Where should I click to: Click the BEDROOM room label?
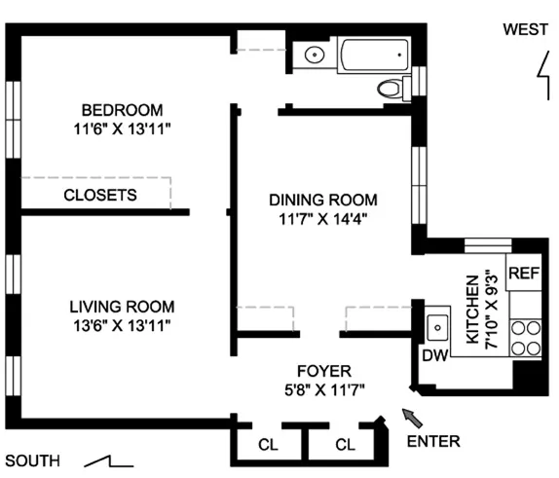122,110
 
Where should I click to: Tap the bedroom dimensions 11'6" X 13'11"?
122,128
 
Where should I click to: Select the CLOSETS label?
100,195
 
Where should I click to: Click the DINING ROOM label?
322,200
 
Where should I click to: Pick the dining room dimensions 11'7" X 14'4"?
322,218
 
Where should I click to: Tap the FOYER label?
324,371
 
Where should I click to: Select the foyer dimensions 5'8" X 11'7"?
324,388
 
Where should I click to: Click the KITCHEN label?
473,309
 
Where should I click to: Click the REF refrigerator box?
523,273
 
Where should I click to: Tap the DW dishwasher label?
433,355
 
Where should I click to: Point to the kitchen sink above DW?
436,323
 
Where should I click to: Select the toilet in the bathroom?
391,89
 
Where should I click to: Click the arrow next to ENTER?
413,418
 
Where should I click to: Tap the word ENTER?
433,441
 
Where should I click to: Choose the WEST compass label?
525,29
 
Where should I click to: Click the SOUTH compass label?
32,460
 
